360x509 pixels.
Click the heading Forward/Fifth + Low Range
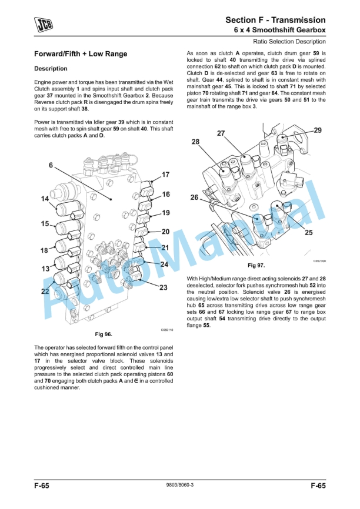click(x=81, y=54)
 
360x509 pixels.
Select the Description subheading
click(x=51, y=69)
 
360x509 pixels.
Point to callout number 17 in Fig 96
click(x=165, y=175)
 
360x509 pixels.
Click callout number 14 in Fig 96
click(x=45, y=199)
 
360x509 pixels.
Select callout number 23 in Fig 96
click(x=163, y=287)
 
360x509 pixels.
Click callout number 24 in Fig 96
click(x=164, y=264)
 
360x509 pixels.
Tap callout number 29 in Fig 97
click(x=317, y=130)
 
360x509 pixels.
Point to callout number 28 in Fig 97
click(x=195, y=142)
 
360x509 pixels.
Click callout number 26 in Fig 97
click(x=194, y=197)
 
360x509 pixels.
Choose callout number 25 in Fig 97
click(x=308, y=233)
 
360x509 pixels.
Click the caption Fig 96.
click(x=104, y=334)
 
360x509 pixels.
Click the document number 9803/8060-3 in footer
click(x=180, y=485)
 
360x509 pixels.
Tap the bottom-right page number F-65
click(x=318, y=485)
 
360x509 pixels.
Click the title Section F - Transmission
click(x=275, y=20)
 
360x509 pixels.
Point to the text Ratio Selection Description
click(x=289, y=42)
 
